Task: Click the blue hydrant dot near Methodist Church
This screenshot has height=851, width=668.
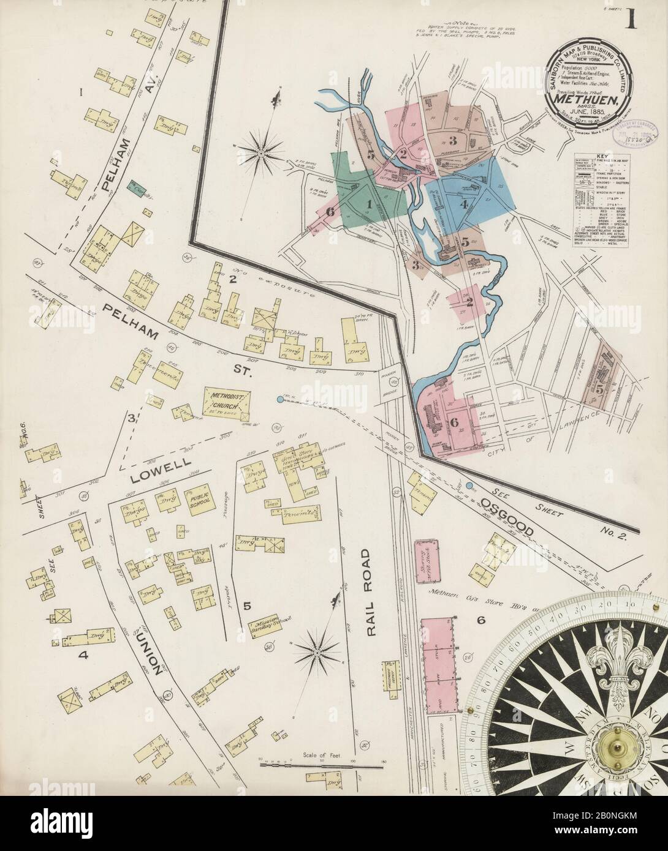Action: (x=280, y=400)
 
